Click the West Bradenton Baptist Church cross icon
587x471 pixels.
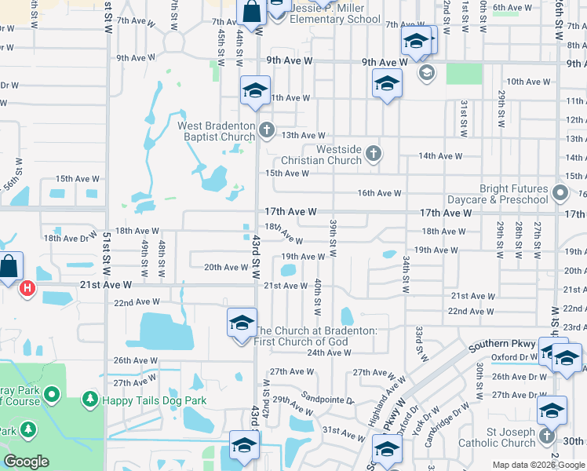click(x=267, y=130)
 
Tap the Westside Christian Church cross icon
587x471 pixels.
click(x=374, y=153)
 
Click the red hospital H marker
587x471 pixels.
click(x=27, y=289)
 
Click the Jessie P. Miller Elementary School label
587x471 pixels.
click(x=335, y=19)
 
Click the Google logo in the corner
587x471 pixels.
click(x=27, y=462)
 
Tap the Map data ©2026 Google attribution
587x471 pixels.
click(x=538, y=465)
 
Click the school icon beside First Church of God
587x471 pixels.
click(x=242, y=323)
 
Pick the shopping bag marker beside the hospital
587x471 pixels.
click(x=10, y=266)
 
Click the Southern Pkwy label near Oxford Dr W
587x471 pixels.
click(x=502, y=345)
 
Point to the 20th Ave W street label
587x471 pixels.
click(x=226, y=268)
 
